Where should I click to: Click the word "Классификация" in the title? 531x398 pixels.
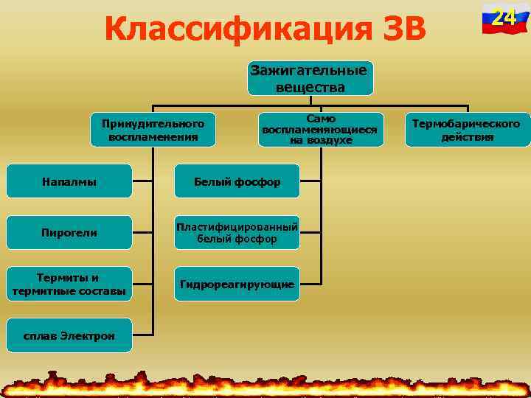[225, 29]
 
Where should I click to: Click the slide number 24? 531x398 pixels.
[504, 16]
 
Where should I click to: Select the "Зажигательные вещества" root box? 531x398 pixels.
[310, 79]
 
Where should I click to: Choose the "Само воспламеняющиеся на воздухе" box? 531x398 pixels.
[320, 130]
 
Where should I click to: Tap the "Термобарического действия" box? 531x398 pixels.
[465, 130]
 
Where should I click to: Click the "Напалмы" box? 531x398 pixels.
[69, 181]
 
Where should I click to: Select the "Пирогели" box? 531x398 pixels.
[69, 233]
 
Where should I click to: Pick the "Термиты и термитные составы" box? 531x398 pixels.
[69, 284]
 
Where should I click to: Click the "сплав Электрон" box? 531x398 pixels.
[69, 336]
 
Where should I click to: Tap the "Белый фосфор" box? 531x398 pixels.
[237, 181]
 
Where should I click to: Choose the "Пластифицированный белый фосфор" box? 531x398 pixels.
[237, 233]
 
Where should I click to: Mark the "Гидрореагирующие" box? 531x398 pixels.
[237, 284]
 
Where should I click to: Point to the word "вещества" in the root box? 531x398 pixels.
[310, 87]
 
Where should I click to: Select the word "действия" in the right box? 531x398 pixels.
[466, 137]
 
